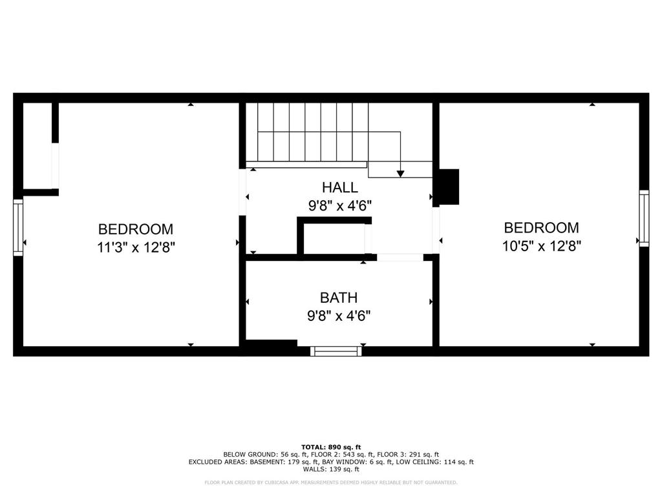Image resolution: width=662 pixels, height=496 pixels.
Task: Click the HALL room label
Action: tap(340, 187)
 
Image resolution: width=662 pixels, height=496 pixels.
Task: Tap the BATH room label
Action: tap(339, 298)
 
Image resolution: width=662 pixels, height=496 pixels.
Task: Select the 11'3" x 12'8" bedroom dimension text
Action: tap(136, 247)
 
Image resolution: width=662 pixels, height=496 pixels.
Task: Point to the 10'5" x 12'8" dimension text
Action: tap(542, 245)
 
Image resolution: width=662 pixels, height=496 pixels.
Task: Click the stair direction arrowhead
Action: tap(400, 173)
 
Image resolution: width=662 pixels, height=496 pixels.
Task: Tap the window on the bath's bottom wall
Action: tap(336, 351)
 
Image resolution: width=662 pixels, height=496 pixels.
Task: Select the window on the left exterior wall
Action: tap(18, 227)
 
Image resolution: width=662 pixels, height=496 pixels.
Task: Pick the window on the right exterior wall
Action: tap(644, 218)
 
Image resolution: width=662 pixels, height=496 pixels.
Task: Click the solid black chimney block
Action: tap(449, 187)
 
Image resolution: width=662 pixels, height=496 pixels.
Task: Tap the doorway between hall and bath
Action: tap(400, 257)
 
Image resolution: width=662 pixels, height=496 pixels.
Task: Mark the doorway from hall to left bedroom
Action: tap(242, 192)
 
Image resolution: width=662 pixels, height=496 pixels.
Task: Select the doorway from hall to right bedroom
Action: tap(436, 231)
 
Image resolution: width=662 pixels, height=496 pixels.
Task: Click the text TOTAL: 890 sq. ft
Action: tap(331, 447)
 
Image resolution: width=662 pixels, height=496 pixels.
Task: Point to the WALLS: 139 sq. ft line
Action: tap(331, 469)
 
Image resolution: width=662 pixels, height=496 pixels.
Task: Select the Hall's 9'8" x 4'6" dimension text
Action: tap(340, 206)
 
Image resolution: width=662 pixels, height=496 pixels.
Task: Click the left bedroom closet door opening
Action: tap(56, 166)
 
